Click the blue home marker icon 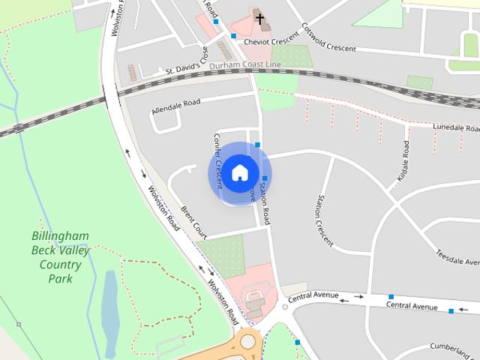[239, 172]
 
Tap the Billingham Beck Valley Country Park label [60, 257]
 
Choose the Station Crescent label [325, 221]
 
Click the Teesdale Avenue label [457, 256]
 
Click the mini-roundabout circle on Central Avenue [285, 306]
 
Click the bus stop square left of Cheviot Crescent [234, 35]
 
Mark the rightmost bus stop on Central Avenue [451, 310]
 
